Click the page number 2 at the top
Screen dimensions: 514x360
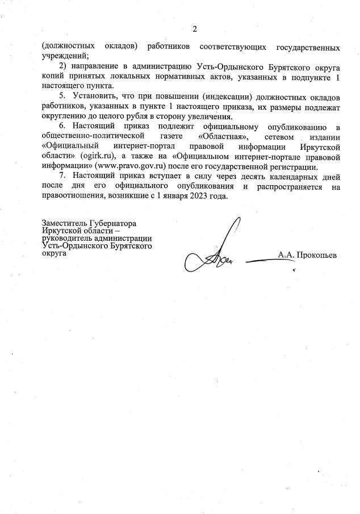coord(194,29)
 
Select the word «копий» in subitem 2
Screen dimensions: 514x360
coord(53,77)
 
